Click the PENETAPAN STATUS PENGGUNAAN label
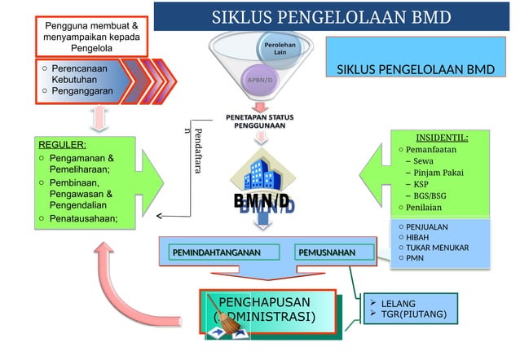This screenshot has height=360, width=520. (260, 123)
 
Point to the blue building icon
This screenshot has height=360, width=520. (261, 173)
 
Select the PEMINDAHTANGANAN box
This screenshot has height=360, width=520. (215, 254)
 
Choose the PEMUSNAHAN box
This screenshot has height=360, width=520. (326, 254)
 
